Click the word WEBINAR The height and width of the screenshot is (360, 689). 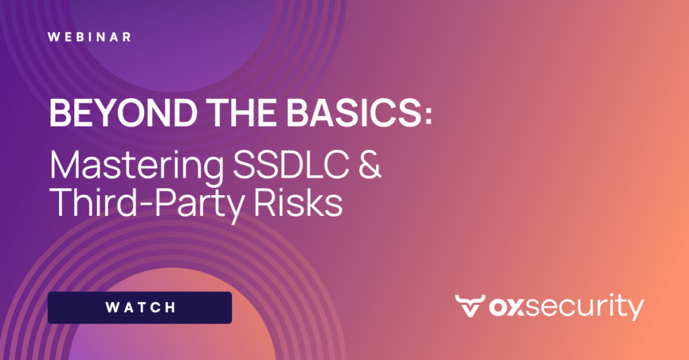coord(89,36)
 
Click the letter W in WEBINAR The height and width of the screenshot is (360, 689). coord(54,36)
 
